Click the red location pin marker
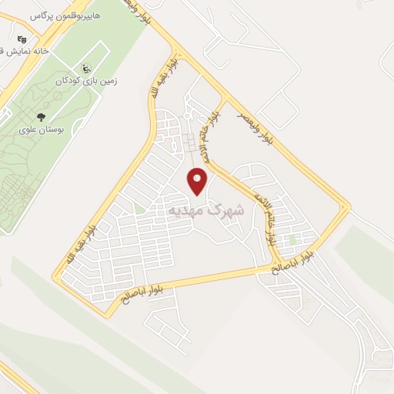pyautogui.click(x=198, y=180)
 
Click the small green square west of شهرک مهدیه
pyautogui.click(x=139, y=209)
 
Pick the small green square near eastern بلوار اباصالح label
pyautogui.click(x=292, y=239)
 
